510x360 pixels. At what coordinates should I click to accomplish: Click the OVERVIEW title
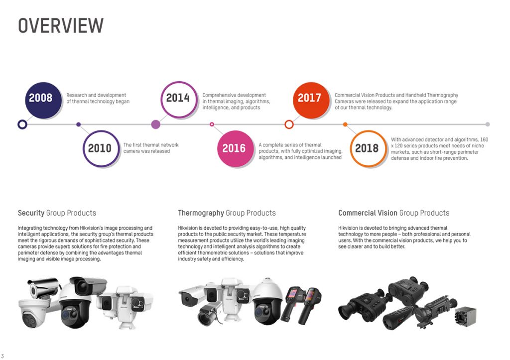coord(61,25)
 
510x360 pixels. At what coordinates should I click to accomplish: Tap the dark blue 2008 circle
coord(40,98)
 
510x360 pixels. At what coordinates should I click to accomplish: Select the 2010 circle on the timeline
coord(100,148)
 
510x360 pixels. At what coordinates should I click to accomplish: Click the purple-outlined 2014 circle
coord(178,98)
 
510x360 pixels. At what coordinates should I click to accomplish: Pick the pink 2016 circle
coord(234,148)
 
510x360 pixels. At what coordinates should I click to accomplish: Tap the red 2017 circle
coord(309,98)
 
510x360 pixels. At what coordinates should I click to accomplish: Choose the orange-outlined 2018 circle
coord(367,148)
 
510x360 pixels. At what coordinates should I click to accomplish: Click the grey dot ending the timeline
coord(488,124)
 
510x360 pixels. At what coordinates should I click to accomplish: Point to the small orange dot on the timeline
coord(345,124)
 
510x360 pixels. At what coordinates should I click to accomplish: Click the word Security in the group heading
coord(31,213)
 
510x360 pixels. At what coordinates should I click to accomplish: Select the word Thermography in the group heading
coord(201,213)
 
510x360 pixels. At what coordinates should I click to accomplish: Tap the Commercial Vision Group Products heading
coord(393,213)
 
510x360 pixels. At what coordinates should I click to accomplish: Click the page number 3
coord(2,356)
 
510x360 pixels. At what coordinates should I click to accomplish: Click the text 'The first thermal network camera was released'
coord(151,148)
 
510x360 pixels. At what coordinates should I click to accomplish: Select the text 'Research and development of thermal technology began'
coord(98,98)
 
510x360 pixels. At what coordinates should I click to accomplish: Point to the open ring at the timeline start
coord(22,124)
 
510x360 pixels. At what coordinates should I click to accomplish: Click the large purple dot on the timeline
coord(155,124)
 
